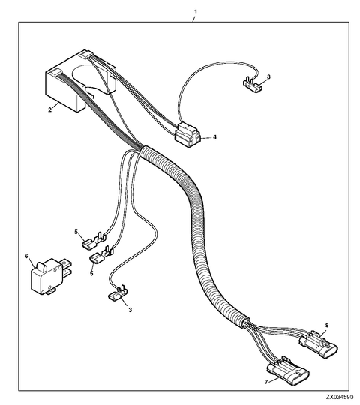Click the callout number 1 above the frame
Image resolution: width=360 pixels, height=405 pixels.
point(196,12)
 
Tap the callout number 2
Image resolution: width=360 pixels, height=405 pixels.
point(49,109)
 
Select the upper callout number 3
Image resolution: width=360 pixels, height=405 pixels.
point(268,76)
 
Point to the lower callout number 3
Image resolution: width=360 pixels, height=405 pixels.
point(130,310)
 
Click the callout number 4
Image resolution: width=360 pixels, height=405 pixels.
point(214,137)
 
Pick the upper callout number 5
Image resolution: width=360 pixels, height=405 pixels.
point(76,232)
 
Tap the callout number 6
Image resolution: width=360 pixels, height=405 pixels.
point(26,256)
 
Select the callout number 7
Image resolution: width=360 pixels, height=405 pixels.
point(266,381)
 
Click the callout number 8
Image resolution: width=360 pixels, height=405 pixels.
point(327,325)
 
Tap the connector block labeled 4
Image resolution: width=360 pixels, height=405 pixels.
point(188,135)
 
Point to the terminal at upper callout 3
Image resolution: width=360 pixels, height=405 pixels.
point(252,85)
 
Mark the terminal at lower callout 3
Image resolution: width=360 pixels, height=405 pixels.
point(118,293)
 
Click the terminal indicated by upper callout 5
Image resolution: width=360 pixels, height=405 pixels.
point(94,241)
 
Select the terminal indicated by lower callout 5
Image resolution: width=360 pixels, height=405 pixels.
point(101,254)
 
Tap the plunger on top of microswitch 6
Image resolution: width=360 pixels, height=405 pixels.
point(41,265)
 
